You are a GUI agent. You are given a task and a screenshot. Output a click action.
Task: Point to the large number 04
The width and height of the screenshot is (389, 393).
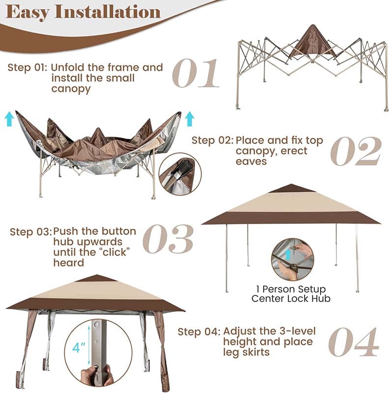click(x=353, y=342)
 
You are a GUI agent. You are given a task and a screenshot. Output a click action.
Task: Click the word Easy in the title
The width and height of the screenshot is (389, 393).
click(x=27, y=12)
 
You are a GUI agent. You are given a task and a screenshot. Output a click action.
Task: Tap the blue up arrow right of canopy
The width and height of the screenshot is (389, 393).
click(x=190, y=118)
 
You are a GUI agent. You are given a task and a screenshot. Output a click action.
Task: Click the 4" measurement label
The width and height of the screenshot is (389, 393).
click(x=79, y=348)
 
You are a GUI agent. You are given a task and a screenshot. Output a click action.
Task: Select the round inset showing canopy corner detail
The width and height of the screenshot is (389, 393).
click(x=177, y=174)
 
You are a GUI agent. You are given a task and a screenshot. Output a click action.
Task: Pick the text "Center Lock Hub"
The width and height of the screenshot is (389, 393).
click(x=291, y=298)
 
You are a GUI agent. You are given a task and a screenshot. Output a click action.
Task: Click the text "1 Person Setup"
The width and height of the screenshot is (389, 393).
click(x=291, y=289)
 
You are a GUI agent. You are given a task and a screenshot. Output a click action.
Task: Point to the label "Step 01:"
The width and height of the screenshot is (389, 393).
click(x=28, y=67)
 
